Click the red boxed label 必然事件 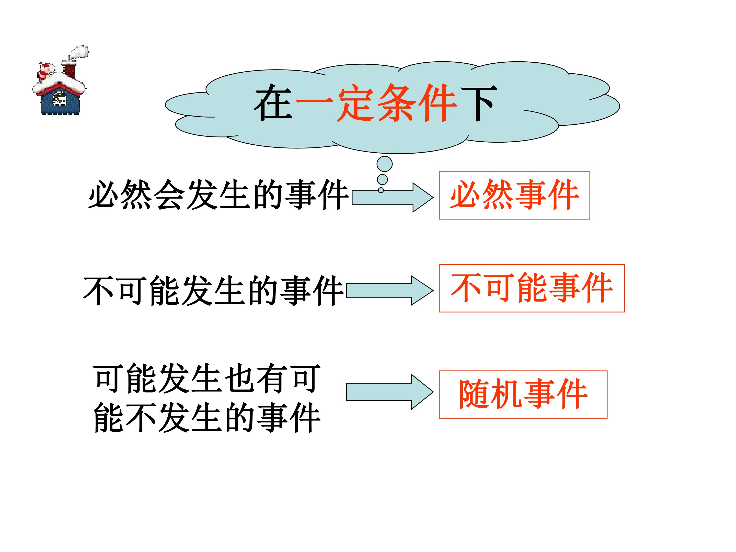[514, 195]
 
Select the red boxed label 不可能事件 [532, 288]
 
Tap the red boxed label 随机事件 [523, 394]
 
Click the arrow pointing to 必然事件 [393, 197]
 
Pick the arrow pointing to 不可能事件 [390, 291]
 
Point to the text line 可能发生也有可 [207, 379]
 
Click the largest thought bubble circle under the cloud [384, 164]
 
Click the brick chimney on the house [69, 70]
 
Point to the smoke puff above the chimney [79, 53]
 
